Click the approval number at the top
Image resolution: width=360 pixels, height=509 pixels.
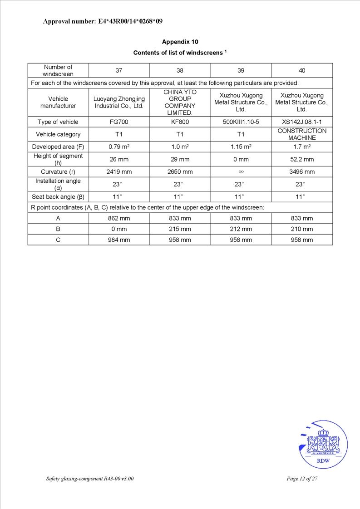pyautogui.click(x=103, y=21)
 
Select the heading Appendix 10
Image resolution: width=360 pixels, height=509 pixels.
pyautogui.click(x=180, y=42)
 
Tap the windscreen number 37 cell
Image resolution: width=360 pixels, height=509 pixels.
pyautogui.click(x=119, y=70)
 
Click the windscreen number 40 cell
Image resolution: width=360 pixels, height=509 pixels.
pyautogui.click(x=302, y=70)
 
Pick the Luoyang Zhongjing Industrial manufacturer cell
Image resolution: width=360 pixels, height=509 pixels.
pyautogui.click(x=119, y=102)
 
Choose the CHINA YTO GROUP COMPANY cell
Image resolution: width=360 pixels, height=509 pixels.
pyautogui.click(x=180, y=102)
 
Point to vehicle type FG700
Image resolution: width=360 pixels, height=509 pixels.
pyautogui.click(x=119, y=122)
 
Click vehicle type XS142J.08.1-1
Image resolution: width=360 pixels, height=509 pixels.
pyautogui.click(x=302, y=122)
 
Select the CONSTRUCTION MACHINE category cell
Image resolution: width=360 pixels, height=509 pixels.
pyautogui.click(x=302, y=134)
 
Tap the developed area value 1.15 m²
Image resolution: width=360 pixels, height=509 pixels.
pyautogui.click(x=241, y=147)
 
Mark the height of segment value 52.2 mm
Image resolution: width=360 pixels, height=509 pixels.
pyautogui.click(x=302, y=159)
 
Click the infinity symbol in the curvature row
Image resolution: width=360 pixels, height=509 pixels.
pyautogui.click(x=241, y=172)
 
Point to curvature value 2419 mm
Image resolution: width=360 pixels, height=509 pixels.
pyautogui.click(x=119, y=172)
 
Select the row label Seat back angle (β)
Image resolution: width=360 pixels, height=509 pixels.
pyautogui.click(x=58, y=196)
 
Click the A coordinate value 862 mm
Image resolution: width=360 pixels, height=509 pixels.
pyautogui.click(x=119, y=218)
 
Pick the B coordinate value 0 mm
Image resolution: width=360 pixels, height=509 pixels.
pyautogui.click(x=119, y=229)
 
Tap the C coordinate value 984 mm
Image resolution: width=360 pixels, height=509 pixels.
pyautogui.click(x=119, y=240)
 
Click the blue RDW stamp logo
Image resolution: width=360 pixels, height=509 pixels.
pyautogui.click(x=323, y=445)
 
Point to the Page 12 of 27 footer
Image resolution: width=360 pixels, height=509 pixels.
pyautogui.click(x=302, y=479)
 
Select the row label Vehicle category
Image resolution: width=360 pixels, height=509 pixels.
pyautogui.click(x=58, y=134)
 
